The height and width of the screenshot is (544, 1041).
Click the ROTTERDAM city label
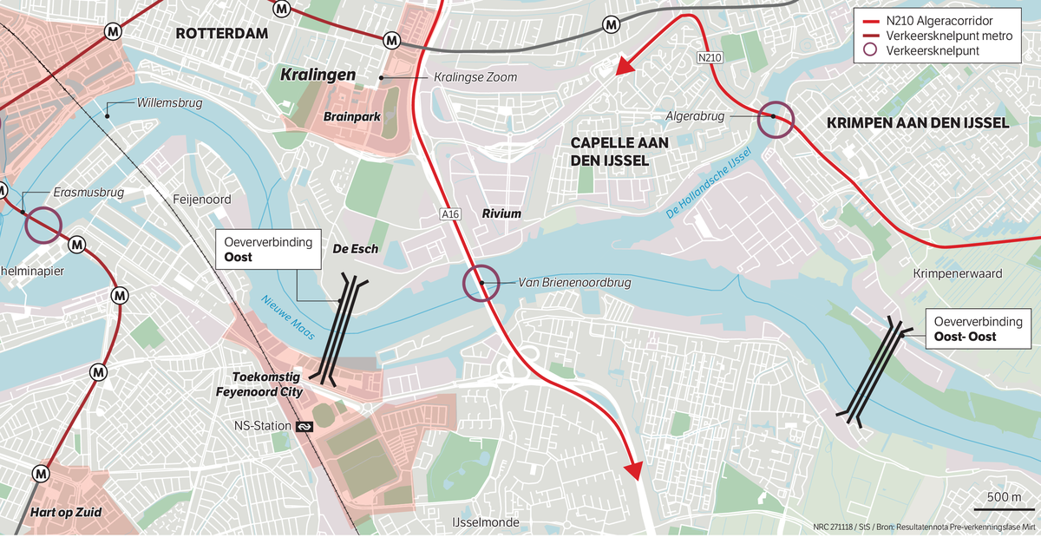tap(221, 34)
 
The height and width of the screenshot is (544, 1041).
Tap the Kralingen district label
tap(318, 75)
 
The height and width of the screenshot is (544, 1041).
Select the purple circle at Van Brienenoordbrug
tap(481, 283)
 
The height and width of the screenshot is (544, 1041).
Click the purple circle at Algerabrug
tap(774, 120)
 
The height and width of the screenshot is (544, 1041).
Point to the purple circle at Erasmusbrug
tap(43, 226)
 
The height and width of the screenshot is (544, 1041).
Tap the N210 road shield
tap(709, 57)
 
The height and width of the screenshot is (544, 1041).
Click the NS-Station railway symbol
tap(304, 426)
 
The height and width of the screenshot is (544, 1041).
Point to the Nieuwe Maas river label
tap(288, 317)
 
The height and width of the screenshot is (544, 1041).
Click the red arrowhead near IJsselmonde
tap(633, 469)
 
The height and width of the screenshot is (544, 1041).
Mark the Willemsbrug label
tap(169, 103)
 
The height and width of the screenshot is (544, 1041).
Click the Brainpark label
tap(352, 115)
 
